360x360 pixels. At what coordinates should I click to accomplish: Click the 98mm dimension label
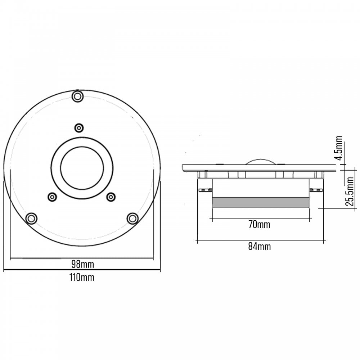tap(82, 264)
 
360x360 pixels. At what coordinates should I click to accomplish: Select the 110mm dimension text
tap(82, 277)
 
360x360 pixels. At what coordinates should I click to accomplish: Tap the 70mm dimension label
tap(259, 224)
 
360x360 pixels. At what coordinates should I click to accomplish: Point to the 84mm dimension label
tap(260, 246)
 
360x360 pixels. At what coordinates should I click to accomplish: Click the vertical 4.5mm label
tap(338, 148)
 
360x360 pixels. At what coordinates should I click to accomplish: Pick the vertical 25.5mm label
tap(350, 191)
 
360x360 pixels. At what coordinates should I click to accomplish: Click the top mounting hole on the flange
tap(78, 96)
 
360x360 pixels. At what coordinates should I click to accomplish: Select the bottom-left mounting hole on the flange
tap(31, 219)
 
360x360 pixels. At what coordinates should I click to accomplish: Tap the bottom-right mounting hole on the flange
tap(132, 219)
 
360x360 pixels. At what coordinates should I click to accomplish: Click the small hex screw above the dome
tap(79, 128)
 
